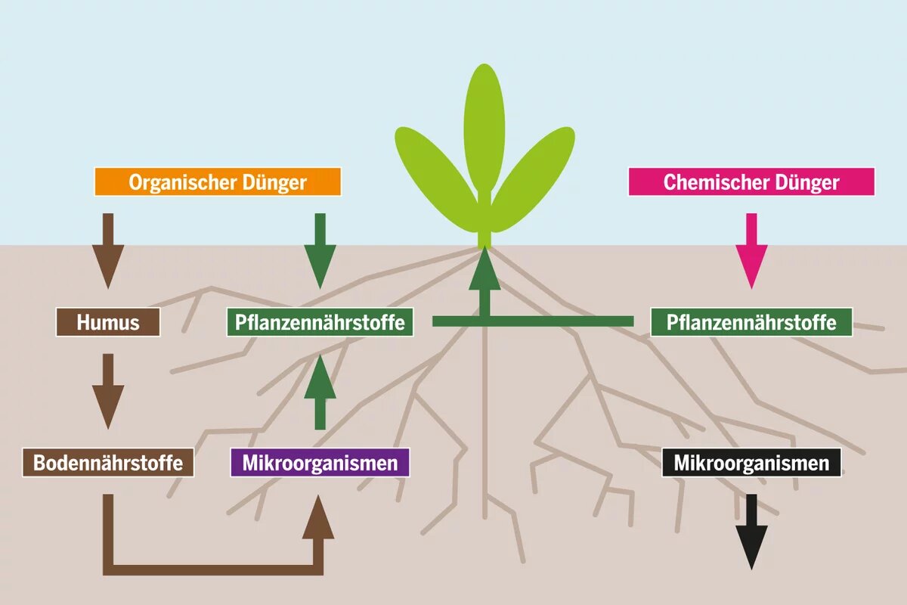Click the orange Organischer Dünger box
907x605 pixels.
pyautogui.click(x=218, y=182)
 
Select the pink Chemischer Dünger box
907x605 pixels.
pyautogui.click(x=751, y=182)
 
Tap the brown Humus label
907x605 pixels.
pyautogui.click(x=108, y=322)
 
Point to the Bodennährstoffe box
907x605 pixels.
pyautogui.click(x=108, y=462)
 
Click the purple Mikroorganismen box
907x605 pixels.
pyautogui.click(x=320, y=462)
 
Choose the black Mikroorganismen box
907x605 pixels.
pyautogui.click(x=751, y=462)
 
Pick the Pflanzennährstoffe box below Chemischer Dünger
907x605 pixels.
pyautogui.click(x=751, y=322)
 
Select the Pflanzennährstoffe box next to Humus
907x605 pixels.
pyautogui.click(x=320, y=322)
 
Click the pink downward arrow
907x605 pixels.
pyautogui.click(x=751, y=251)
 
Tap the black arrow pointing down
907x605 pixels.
pyautogui.click(x=751, y=532)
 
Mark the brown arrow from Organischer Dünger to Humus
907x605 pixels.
pyautogui.click(x=108, y=251)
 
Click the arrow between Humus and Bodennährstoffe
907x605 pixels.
pyautogui.click(x=108, y=392)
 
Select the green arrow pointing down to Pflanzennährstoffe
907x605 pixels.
pyautogui.click(x=320, y=251)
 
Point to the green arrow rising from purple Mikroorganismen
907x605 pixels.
pyautogui.click(x=320, y=392)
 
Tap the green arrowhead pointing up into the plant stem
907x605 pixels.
pyautogui.click(x=484, y=269)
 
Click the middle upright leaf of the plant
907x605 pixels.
pyautogui.click(x=484, y=129)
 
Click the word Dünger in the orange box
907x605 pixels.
pyautogui.click(x=274, y=183)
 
